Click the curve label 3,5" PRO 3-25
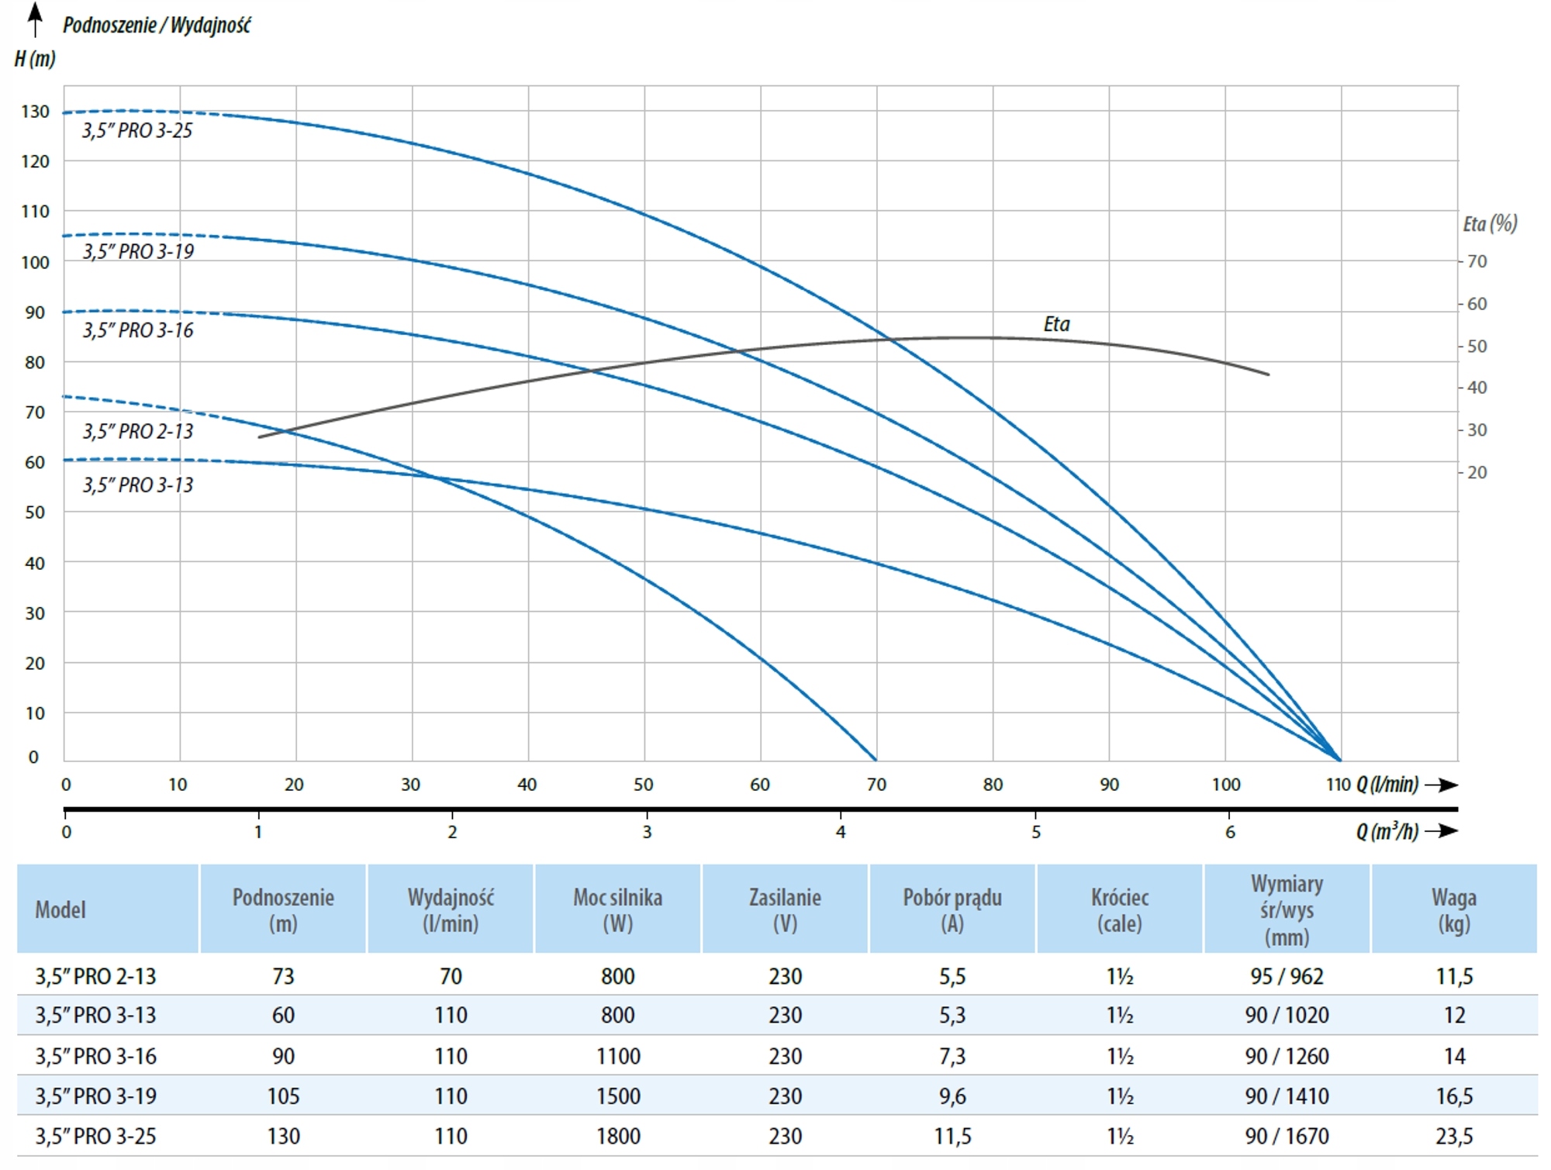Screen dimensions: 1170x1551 click(x=137, y=130)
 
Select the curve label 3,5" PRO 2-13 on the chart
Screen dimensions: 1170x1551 click(x=138, y=431)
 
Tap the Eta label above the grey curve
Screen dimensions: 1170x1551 click(x=1056, y=324)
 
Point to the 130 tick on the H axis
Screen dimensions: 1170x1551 click(x=35, y=112)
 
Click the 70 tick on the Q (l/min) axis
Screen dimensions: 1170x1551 click(x=876, y=785)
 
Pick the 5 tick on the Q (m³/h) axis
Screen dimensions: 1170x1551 click(x=1035, y=833)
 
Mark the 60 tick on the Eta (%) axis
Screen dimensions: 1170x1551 click(x=1477, y=304)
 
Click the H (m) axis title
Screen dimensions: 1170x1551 click(x=35, y=59)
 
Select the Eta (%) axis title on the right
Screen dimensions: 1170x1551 click(x=1490, y=224)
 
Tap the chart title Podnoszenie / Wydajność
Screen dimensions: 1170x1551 click(x=157, y=26)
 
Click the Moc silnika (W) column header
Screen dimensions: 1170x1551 click(x=617, y=909)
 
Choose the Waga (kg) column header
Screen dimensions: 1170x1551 click(x=1454, y=909)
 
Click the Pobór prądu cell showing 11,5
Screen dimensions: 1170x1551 click(x=952, y=1136)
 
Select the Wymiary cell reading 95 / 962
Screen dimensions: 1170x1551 click(x=1287, y=976)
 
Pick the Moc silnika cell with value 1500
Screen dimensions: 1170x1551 click(x=617, y=1096)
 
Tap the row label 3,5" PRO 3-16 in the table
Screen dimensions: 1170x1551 click(x=95, y=1056)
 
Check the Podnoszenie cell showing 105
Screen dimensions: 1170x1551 click(x=283, y=1096)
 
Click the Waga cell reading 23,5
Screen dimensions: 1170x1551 click(x=1454, y=1136)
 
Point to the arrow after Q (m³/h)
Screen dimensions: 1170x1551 click(x=1441, y=831)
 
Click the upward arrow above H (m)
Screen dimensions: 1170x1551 click(x=35, y=19)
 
